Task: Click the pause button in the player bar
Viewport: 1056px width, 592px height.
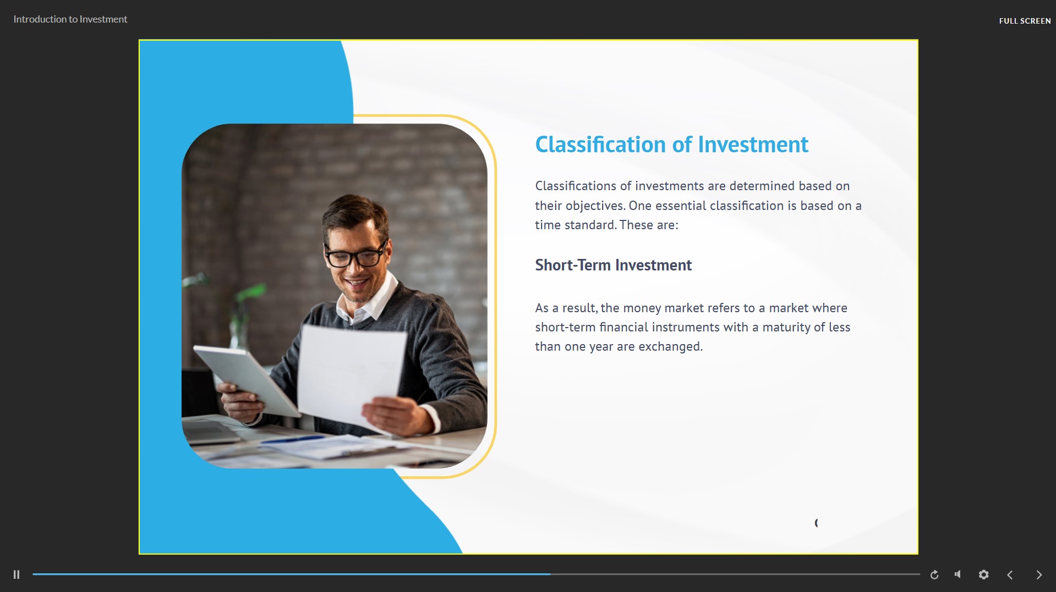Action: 17,574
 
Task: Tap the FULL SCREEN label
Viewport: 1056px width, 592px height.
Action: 1025,21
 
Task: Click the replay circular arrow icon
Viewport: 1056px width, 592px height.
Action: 934,575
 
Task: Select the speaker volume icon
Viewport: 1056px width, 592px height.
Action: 958,574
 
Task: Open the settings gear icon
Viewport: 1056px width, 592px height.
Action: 984,574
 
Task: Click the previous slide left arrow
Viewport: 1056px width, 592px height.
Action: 1010,575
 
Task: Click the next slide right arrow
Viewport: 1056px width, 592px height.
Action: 1039,575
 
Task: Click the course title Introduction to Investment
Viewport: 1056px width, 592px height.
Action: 70,19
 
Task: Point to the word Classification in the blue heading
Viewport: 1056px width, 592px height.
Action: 600,145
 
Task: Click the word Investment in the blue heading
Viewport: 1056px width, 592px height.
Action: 753,145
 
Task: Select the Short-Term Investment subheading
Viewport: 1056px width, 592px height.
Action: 614,265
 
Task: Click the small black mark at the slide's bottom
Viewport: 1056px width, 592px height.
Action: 816,523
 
